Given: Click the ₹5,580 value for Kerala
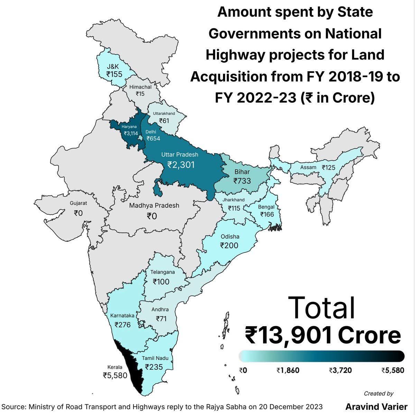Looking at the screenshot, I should coord(115,375).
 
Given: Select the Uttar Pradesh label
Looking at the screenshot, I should coord(180,154).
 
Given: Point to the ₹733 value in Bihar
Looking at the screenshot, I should coord(242,181).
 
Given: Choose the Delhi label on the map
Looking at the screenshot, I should coord(151,132).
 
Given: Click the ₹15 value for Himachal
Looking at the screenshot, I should coord(140,94).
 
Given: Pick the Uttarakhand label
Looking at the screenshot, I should coord(164,113).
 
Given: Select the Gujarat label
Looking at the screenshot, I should coord(79,203).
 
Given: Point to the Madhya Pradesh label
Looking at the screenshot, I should coord(154,205).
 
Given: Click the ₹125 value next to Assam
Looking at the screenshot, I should coord(329,168).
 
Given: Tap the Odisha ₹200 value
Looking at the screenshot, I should coord(229,246).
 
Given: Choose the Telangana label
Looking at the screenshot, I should coord(163,272).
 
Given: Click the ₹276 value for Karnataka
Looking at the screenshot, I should coord(122,325).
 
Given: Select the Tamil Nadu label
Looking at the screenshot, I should coord(155,358).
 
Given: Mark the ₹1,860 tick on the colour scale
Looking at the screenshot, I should coord(288,370).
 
